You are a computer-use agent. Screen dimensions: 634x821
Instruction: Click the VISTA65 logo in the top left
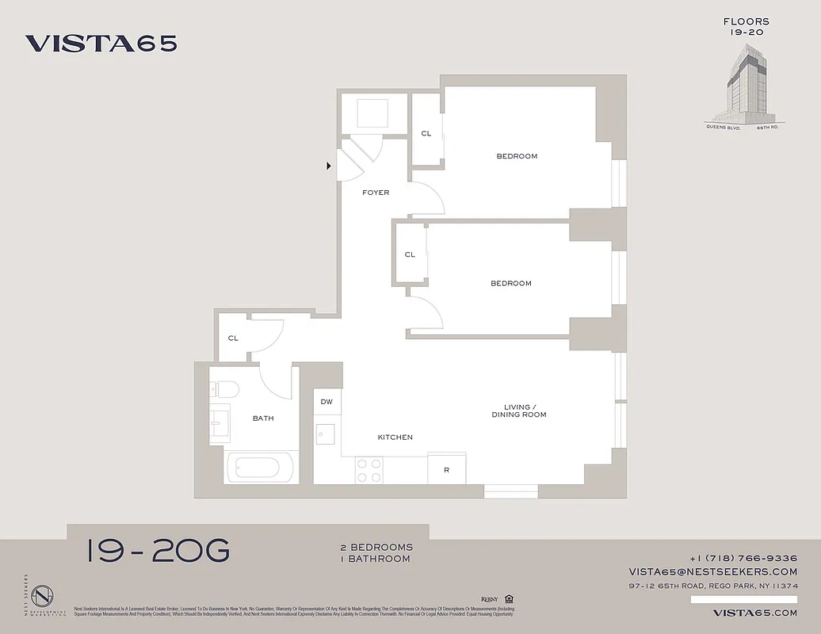tap(101, 44)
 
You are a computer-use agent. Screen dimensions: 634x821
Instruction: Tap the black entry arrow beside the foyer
tap(329, 166)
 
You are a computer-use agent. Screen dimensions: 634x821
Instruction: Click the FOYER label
tap(376, 193)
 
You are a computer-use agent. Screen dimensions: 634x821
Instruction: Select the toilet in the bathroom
tap(227, 389)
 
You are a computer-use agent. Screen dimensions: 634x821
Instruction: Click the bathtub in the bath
tap(254, 466)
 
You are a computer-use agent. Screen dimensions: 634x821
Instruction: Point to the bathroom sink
tap(220, 421)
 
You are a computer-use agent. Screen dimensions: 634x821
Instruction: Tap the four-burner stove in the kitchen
tap(368, 471)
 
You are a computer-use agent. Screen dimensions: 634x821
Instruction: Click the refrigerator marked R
tap(446, 469)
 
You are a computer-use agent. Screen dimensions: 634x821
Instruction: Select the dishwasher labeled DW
tap(326, 403)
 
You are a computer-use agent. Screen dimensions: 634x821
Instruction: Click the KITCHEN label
tap(395, 437)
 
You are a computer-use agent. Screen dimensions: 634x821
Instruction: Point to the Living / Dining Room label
tap(519, 411)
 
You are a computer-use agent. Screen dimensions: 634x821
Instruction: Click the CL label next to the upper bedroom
tap(426, 133)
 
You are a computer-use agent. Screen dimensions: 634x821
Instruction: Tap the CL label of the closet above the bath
tap(233, 338)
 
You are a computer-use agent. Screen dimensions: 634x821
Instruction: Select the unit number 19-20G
tap(158, 550)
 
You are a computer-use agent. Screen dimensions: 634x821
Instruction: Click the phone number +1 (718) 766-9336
tap(743, 558)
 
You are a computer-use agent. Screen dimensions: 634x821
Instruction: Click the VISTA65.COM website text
tap(754, 613)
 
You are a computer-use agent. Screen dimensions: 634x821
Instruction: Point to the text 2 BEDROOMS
tap(376, 548)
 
